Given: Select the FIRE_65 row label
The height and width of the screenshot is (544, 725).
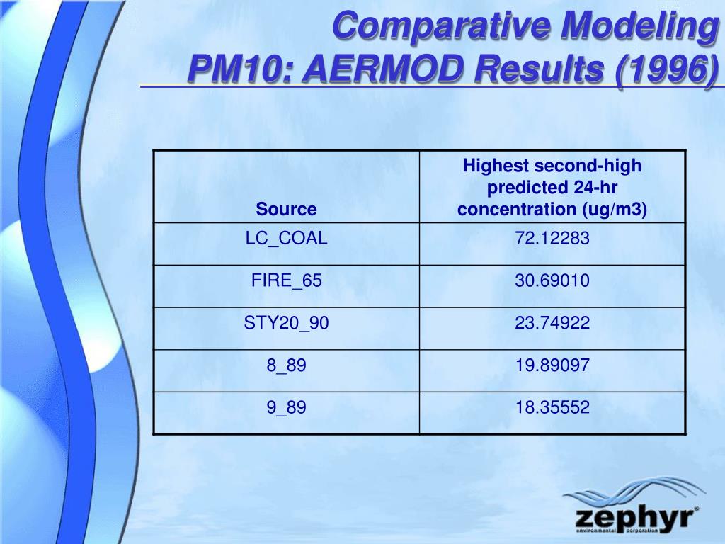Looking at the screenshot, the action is [x=286, y=280].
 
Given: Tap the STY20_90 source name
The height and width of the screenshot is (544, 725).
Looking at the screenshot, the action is [x=286, y=323].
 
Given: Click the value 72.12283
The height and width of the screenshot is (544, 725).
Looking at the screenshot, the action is [x=552, y=238].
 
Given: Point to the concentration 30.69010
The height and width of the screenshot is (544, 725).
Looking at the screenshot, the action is [x=552, y=280].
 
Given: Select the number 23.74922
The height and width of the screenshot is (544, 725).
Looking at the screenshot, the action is [x=552, y=323].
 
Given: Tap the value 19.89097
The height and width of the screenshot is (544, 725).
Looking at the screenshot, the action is [x=552, y=365].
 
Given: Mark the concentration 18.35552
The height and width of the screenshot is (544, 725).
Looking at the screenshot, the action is [x=552, y=407].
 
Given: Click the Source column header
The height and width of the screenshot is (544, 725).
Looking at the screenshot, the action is [x=286, y=209].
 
